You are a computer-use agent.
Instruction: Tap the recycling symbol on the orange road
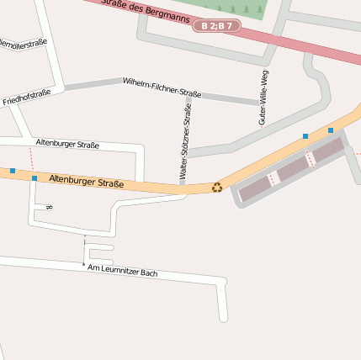217,188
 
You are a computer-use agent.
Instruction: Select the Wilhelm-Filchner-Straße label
162,87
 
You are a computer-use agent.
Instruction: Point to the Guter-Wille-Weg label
263,98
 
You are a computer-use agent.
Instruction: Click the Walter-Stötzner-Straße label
185,140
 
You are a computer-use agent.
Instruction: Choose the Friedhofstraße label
26,97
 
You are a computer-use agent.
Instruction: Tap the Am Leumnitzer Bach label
123,271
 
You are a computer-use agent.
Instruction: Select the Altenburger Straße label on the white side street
67,145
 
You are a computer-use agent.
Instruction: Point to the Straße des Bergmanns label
139,7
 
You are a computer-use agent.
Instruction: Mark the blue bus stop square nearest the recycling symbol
305,135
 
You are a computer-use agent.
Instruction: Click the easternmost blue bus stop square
331,130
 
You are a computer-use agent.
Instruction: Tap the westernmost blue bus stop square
13,171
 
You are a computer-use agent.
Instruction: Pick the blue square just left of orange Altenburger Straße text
34,178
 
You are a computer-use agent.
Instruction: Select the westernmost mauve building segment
255,190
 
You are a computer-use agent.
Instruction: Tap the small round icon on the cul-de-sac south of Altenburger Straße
50,207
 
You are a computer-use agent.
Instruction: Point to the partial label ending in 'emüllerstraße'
23,43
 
